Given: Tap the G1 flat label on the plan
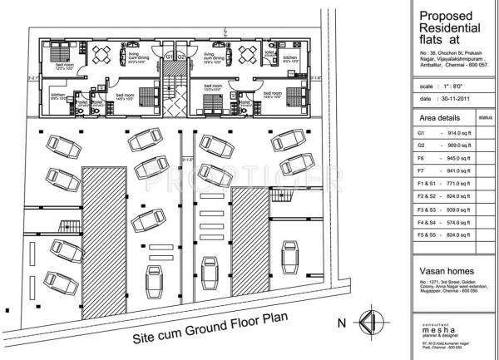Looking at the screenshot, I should (167, 57).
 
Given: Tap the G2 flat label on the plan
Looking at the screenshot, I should (180, 57).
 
